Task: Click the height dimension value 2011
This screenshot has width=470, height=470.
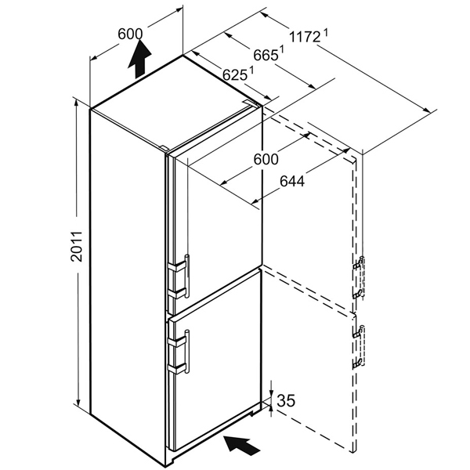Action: (x=77, y=247)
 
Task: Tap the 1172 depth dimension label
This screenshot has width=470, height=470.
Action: (x=305, y=38)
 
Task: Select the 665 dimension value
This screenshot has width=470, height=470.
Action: (x=266, y=56)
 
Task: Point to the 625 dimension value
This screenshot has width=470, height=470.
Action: (x=235, y=75)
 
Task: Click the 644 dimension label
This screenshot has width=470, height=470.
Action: (x=292, y=181)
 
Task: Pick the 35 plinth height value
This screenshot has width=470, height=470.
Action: (x=286, y=400)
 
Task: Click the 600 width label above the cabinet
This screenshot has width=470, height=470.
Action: (x=130, y=34)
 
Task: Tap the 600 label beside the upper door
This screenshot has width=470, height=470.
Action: (x=266, y=159)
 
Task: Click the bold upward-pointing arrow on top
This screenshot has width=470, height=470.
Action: (x=139, y=59)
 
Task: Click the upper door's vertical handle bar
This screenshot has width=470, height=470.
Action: (x=187, y=276)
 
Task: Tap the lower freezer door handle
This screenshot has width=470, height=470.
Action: (x=187, y=351)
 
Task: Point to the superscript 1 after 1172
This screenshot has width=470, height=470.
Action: (x=326, y=32)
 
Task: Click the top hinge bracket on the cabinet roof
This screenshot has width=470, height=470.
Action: (x=251, y=103)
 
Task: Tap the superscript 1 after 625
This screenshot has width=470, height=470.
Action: (x=251, y=69)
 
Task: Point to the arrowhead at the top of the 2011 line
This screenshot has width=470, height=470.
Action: (x=77, y=103)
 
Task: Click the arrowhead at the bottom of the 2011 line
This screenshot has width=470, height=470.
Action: (x=78, y=403)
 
